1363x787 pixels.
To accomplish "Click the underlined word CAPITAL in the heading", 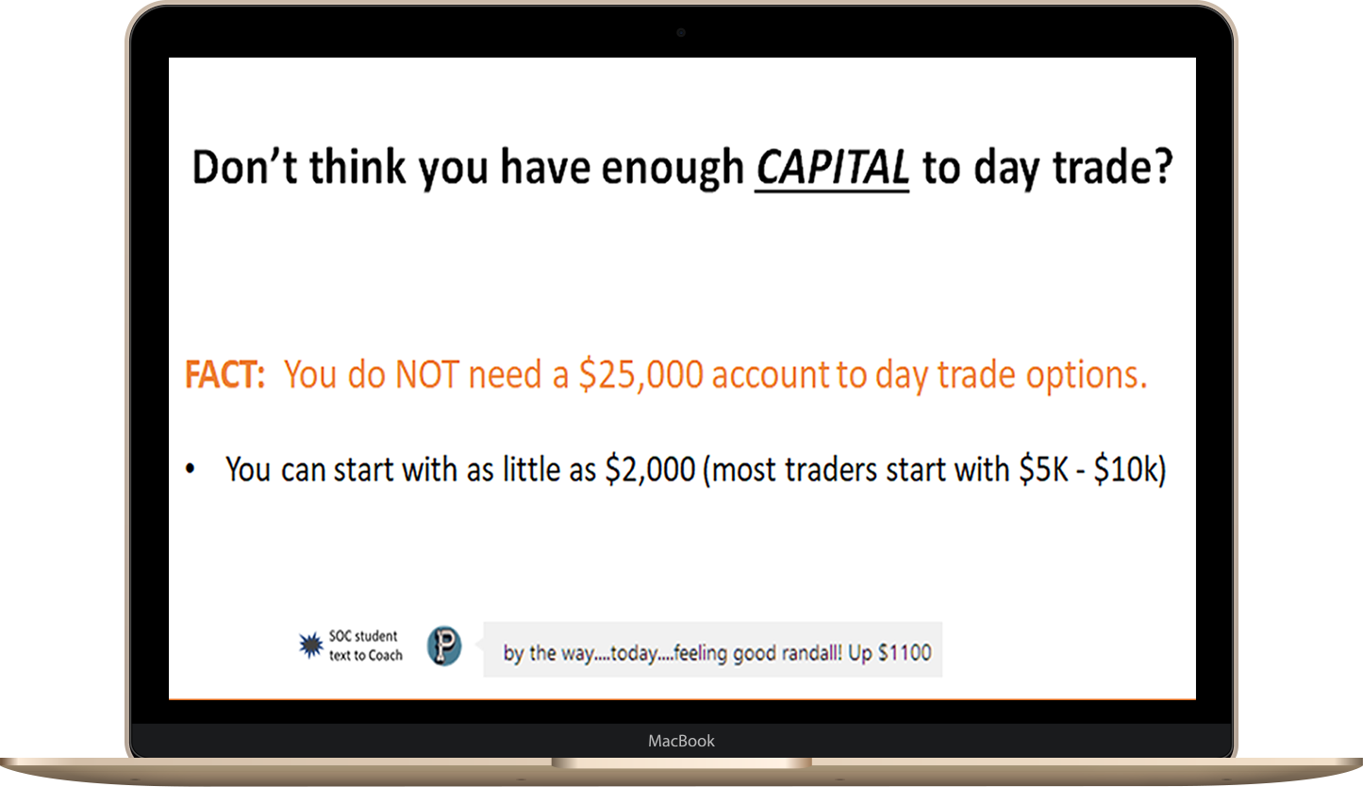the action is click(832, 167).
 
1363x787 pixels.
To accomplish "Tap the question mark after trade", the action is click(1161, 166).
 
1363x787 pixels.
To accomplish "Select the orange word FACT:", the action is click(224, 374).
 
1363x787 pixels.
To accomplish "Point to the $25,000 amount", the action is click(640, 375).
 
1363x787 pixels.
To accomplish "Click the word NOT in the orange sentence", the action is click(426, 374).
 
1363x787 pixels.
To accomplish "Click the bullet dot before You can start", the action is click(191, 469).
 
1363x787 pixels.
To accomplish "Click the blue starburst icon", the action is click(311, 645).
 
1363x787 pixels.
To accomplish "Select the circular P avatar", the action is click(444, 645).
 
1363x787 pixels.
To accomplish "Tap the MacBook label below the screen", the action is click(681, 741).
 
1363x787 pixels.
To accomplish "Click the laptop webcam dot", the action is click(681, 32).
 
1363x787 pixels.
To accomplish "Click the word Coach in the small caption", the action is click(385, 656).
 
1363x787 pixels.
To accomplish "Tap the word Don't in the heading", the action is click(244, 166).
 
